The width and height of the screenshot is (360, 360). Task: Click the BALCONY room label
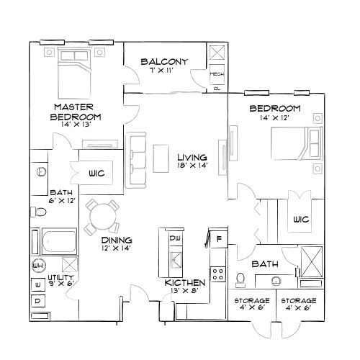pyautogui.click(x=164, y=62)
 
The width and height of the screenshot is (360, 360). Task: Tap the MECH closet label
pyautogui.click(x=216, y=74)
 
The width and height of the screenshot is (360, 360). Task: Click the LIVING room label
pyautogui.click(x=192, y=156)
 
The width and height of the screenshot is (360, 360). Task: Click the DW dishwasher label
pyautogui.click(x=174, y=238)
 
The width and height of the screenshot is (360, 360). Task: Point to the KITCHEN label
pyautogui.click(x=184, y=283)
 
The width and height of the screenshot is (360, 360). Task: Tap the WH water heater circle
pyautogui.click(x=38, y=266)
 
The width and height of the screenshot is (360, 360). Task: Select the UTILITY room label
pyautogui.click(x=61, y=277)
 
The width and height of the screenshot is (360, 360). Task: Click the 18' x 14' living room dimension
pyautogui.click(x=192, y=165)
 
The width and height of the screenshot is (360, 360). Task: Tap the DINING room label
pyautogui.click(x=115, y=240)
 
